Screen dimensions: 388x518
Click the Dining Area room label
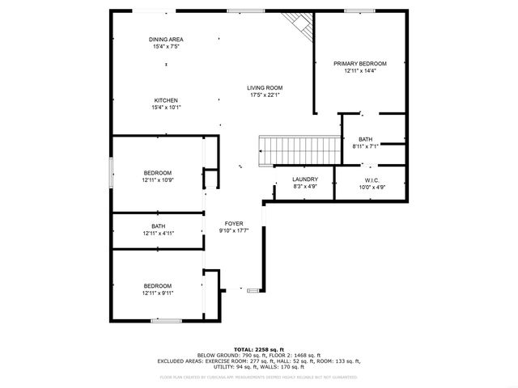pos(165,40)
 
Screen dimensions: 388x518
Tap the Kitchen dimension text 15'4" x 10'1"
pos(166,108)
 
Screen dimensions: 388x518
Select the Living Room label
pos(265,87)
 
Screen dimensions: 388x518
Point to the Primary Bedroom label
pos(360,63)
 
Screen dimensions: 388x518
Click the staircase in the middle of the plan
pos(297,149)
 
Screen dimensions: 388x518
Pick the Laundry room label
pos(305,179)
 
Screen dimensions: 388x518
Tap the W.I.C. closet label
pos(372,179)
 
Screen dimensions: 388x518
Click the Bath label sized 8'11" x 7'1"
pos(366,139)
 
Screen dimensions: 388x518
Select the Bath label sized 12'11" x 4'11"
pos(158,226)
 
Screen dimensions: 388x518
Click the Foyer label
pos(234,224)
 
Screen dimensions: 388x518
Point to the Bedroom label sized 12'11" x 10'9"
pos(158,173)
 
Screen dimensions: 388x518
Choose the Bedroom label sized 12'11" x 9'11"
pos(158,285)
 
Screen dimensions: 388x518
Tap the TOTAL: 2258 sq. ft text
pos(258,348)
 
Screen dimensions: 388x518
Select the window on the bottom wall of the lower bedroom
pos(165,321)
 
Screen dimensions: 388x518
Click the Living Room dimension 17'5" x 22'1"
pos(265,95)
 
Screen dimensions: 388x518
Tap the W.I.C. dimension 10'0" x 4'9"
pos(372,187)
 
